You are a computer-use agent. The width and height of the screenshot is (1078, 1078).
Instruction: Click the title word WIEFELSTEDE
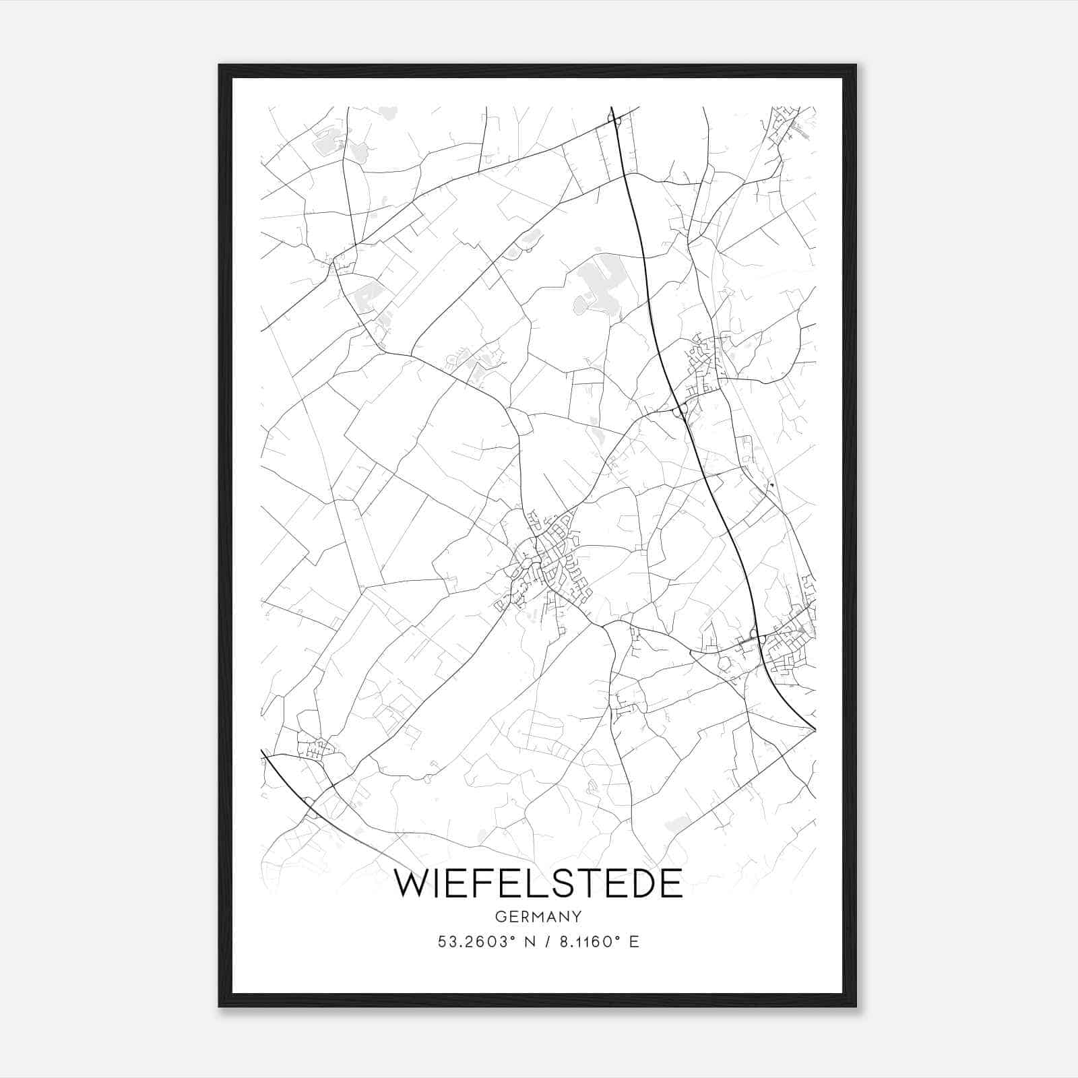pos(538,883)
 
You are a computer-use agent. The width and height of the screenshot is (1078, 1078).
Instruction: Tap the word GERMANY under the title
pos(538,917)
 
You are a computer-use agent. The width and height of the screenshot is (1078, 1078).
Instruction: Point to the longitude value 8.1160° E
pos(596,942)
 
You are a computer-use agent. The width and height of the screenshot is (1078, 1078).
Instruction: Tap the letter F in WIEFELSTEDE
pos(489,883)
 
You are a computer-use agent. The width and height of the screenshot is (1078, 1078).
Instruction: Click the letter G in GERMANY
pos(500,917)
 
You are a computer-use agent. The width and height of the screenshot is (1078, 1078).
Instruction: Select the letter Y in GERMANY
pos(577,917)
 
